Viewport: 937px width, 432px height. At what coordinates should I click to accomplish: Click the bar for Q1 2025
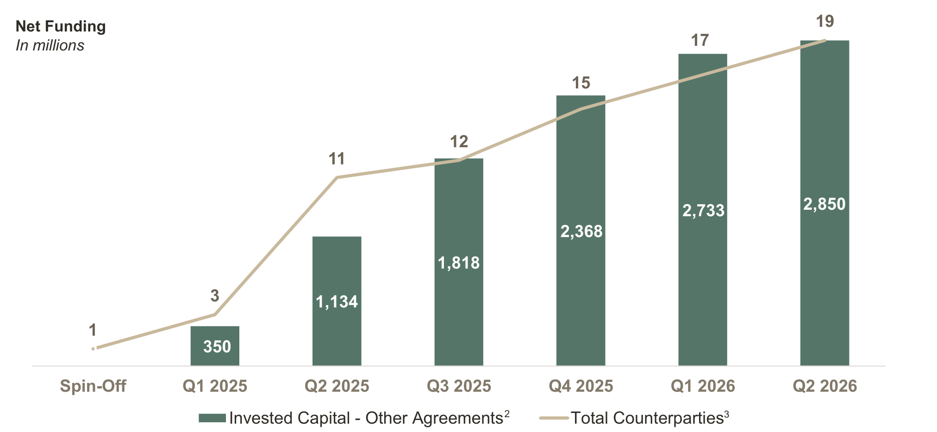coord(215,346)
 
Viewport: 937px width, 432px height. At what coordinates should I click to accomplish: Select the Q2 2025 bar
coord(337,301)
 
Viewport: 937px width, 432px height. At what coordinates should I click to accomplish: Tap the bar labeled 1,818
coord(459,262)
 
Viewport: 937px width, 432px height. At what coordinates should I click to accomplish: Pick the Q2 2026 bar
coord(825,203)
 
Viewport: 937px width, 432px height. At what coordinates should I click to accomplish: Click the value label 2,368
coord(581,232)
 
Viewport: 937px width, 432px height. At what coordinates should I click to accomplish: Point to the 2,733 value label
coord(703,211)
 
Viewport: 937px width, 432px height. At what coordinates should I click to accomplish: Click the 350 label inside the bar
coord(217,346)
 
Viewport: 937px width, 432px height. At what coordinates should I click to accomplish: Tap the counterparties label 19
coord(825,21)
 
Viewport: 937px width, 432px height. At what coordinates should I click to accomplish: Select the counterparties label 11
coord(337,159)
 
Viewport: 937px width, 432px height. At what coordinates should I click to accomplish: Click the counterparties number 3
coord(215,295)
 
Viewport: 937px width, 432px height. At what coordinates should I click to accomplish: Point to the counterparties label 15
coord(581,83)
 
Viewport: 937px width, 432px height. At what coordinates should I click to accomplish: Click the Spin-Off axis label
coord(93,386)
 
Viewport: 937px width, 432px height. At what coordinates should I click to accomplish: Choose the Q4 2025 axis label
coord(581,386)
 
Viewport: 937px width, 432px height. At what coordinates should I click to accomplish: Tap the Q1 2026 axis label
coord(703,386)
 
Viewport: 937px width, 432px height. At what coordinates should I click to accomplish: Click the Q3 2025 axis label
coord(459,386)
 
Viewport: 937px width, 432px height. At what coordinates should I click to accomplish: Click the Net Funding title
coord(61,26)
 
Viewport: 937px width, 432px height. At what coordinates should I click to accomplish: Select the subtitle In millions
coord(50,45)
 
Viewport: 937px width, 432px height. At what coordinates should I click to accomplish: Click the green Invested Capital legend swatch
coord(212,418)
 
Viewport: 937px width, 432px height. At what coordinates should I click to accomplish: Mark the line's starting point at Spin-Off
coord(93,349)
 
